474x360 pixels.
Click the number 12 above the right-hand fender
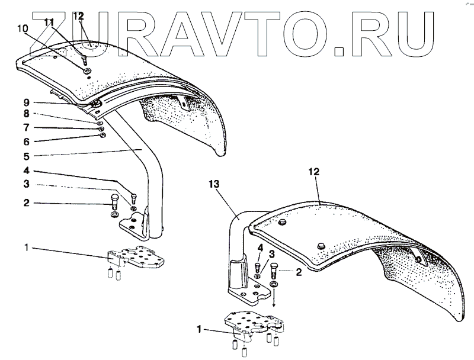tap(313, 172)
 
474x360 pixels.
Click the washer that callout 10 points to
tap(88, 70)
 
